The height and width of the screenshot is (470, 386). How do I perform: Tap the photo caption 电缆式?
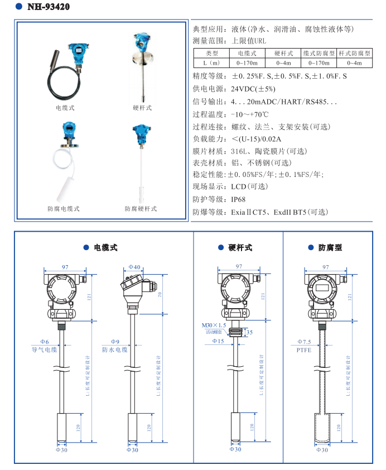(65, 107)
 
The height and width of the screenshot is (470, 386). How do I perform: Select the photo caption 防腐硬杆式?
(141, 209)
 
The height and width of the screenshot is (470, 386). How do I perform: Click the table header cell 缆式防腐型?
(319, 53)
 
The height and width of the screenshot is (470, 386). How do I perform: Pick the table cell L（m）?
(211, 63)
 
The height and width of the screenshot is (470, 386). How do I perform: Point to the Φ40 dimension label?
(134, 267)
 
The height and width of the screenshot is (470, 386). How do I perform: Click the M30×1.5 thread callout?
(214, 325)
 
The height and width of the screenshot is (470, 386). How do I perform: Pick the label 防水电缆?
(114, 349)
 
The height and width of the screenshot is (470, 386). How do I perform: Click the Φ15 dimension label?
(218, 340)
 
